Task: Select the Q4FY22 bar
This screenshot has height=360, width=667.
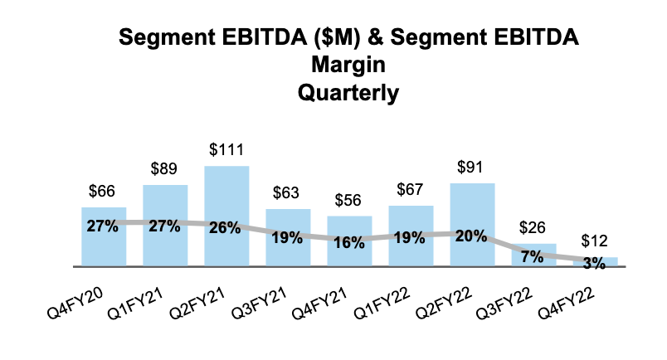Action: [x=595, y=262]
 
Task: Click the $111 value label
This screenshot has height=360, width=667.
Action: [x=226, y=150]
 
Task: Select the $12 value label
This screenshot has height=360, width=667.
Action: [x=595, y=241]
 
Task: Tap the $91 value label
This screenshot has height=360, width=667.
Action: [x=472, y=168]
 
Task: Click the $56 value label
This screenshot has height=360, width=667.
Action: [x=349, y=200]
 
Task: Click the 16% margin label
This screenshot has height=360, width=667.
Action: [x=349, y=242]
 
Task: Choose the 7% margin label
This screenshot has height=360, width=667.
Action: [x=533, y=256]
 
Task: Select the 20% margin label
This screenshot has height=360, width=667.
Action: [x=472, y=235]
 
